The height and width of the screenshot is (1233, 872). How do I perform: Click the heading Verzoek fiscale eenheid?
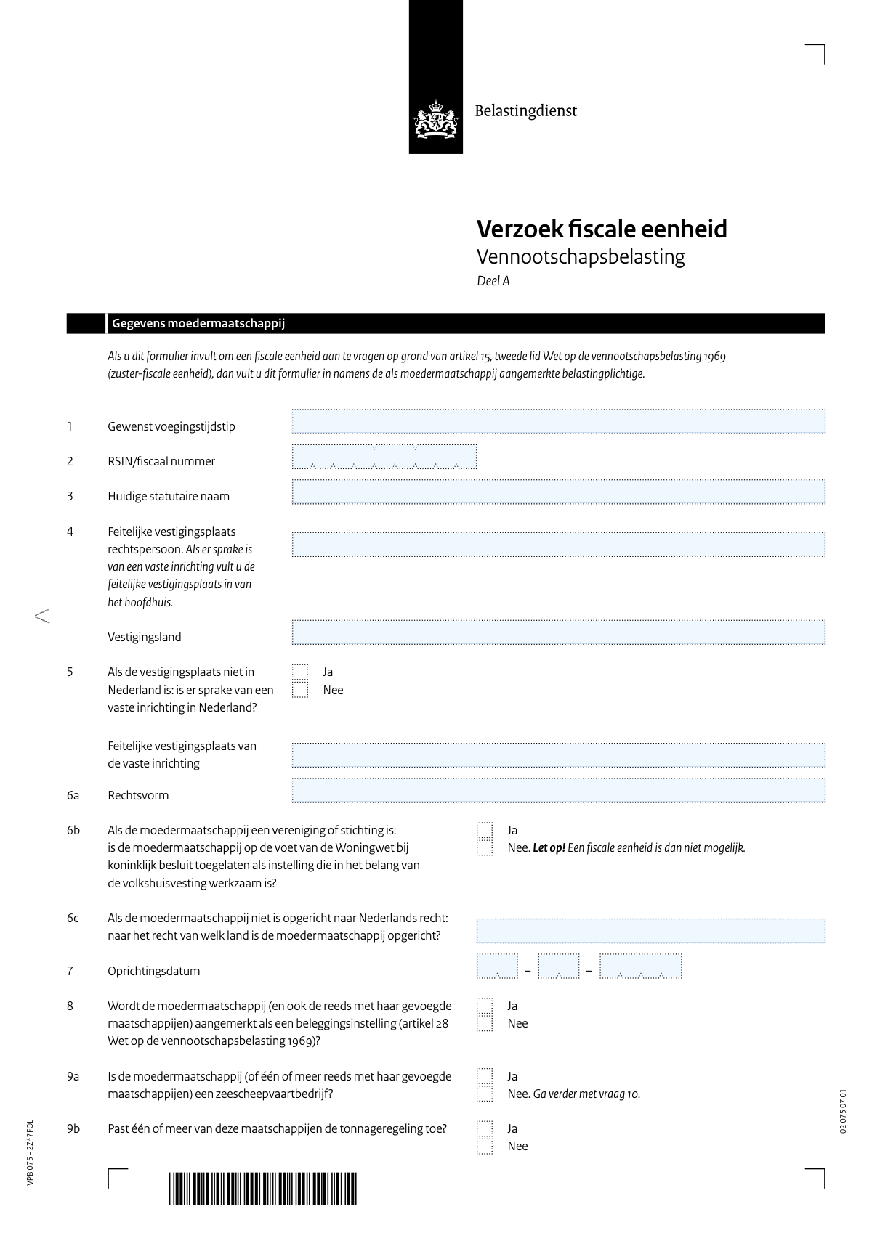tap(601, 229)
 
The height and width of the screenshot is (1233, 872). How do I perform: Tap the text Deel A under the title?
tap(493, 281)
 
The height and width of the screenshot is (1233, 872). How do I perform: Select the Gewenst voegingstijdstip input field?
tap(558, 422)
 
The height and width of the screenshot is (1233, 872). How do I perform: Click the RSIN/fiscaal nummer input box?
tap(384, 457)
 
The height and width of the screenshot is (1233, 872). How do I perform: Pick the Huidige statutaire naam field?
tap(558, 492)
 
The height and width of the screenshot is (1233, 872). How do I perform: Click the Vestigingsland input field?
tap(558, 632)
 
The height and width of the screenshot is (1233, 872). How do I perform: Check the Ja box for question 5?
tap(300, 672)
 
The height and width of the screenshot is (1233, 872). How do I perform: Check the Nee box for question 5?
tap(300, 690)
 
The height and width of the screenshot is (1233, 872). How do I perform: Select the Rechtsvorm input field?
tap(558, 791)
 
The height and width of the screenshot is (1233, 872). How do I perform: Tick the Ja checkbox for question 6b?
tap(485, 830)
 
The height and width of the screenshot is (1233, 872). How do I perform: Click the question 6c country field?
tap(650, 931)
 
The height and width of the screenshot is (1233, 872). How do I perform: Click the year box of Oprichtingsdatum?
tap(640, 967)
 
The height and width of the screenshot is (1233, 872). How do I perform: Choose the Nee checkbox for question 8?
tap(485, 1024)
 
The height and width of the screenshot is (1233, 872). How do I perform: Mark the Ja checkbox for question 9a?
tap(485, 1076)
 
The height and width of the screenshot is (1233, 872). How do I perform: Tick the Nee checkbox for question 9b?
tap(485, 1147)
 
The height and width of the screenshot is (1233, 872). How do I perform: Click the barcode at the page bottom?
tap(263, 1189)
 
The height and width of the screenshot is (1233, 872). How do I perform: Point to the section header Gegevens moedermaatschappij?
tap(198, 324)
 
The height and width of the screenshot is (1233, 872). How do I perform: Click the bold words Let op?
tap(549, 848)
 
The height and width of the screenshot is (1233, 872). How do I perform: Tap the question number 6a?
tap(73, 796)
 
